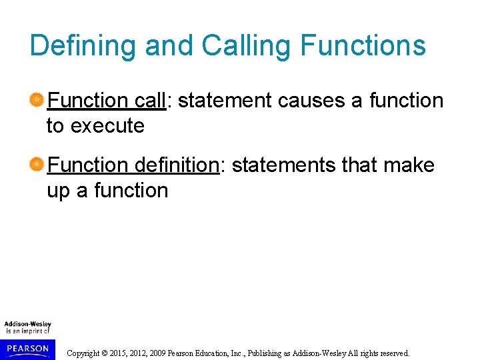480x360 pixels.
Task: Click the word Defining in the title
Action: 83,46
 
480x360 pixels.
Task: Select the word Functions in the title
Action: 363,46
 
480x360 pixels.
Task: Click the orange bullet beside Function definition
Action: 37,165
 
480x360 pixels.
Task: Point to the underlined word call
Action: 149,101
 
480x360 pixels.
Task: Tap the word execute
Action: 107,125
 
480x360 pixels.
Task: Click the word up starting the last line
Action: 59,191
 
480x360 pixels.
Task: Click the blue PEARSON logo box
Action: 27,348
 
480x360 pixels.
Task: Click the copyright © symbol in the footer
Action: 106,353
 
